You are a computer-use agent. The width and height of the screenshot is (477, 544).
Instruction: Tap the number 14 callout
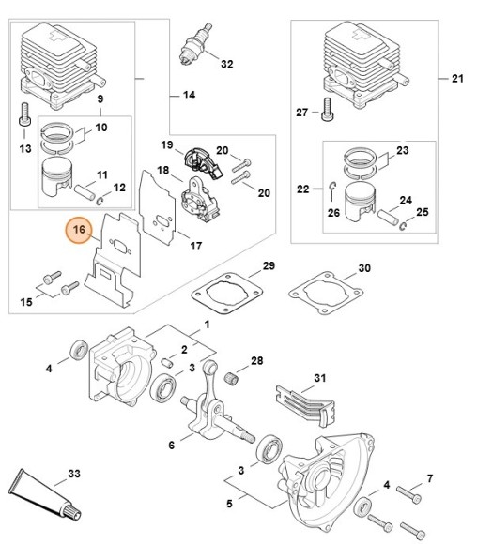[x=188, y=95]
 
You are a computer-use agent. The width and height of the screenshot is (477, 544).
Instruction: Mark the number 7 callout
[x=430, y=479]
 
